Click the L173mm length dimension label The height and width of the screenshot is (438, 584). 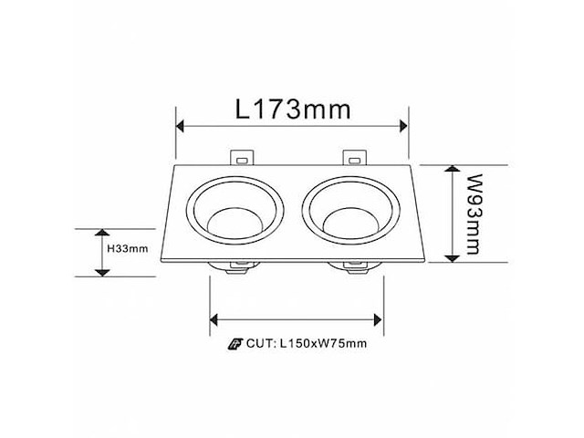(292, 110)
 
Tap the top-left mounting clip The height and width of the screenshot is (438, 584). (241, 158)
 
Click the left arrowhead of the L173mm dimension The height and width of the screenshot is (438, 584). (181, 126)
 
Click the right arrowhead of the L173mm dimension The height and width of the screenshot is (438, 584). (402, 126)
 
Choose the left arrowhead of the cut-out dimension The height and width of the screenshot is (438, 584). (215, 318)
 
